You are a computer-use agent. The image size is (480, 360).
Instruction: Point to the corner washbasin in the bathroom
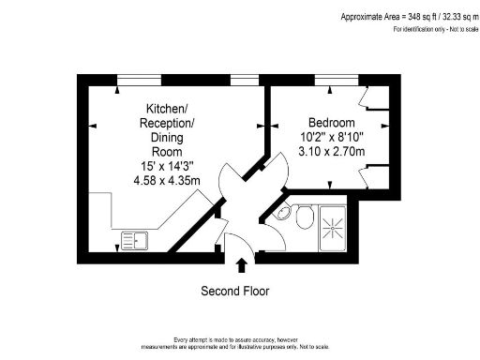pyautogui.click(x=282, y=213)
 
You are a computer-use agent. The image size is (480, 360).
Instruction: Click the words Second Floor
pyautogui.click(x=235, y=292)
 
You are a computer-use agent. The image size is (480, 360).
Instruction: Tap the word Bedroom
pyautogui.click(x=332, y=123)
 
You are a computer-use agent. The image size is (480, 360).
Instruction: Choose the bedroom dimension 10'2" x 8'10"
pyautogui.click(x=332, y=137)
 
